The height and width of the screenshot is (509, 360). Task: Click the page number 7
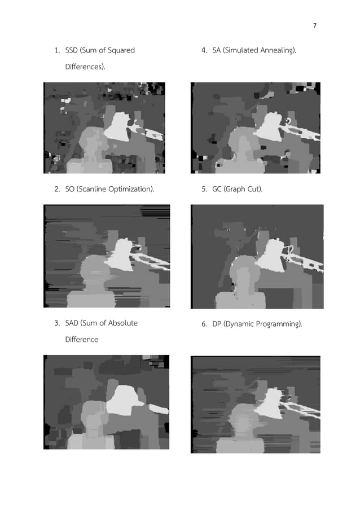click(x=315, y=25)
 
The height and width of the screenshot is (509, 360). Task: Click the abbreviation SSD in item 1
click(x=72, y=51)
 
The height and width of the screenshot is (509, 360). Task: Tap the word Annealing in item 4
click(x=278, y=51)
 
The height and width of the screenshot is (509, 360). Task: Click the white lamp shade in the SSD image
click(x=120, y=126)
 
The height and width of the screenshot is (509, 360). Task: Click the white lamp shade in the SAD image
click(x=125, y=401)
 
